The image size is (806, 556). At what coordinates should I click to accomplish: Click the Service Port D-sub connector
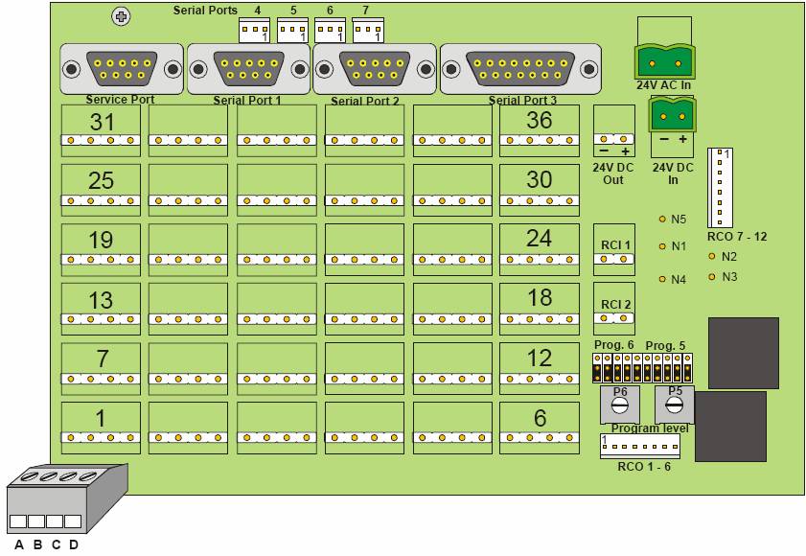(x=120, y=69)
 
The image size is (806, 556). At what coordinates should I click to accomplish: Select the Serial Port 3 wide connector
(x=520, y=69)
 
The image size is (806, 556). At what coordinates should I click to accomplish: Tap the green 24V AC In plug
(x=663, y=63)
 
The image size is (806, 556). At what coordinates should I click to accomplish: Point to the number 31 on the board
(x=102, y=122)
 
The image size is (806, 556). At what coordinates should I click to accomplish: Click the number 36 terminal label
(x=540, y=121)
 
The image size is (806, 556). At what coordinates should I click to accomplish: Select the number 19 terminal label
(x=102, y=240)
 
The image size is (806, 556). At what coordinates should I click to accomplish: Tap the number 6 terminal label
(x=540, y=418)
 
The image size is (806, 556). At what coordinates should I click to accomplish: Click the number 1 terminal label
(x=101, y=418)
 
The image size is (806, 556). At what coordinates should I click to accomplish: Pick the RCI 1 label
(x=614, y=244)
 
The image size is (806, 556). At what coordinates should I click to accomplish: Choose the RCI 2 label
(x=614, y=304)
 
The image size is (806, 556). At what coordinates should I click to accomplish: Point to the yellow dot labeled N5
(x=661, y=219)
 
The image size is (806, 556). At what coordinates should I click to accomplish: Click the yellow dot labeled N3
(x=711, y=277)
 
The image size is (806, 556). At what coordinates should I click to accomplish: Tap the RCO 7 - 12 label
(x=736, y=236)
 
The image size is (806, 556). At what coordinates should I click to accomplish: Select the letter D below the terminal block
(x=73, y=545)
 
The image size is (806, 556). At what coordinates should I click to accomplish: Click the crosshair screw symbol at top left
(x=121, y=16)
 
